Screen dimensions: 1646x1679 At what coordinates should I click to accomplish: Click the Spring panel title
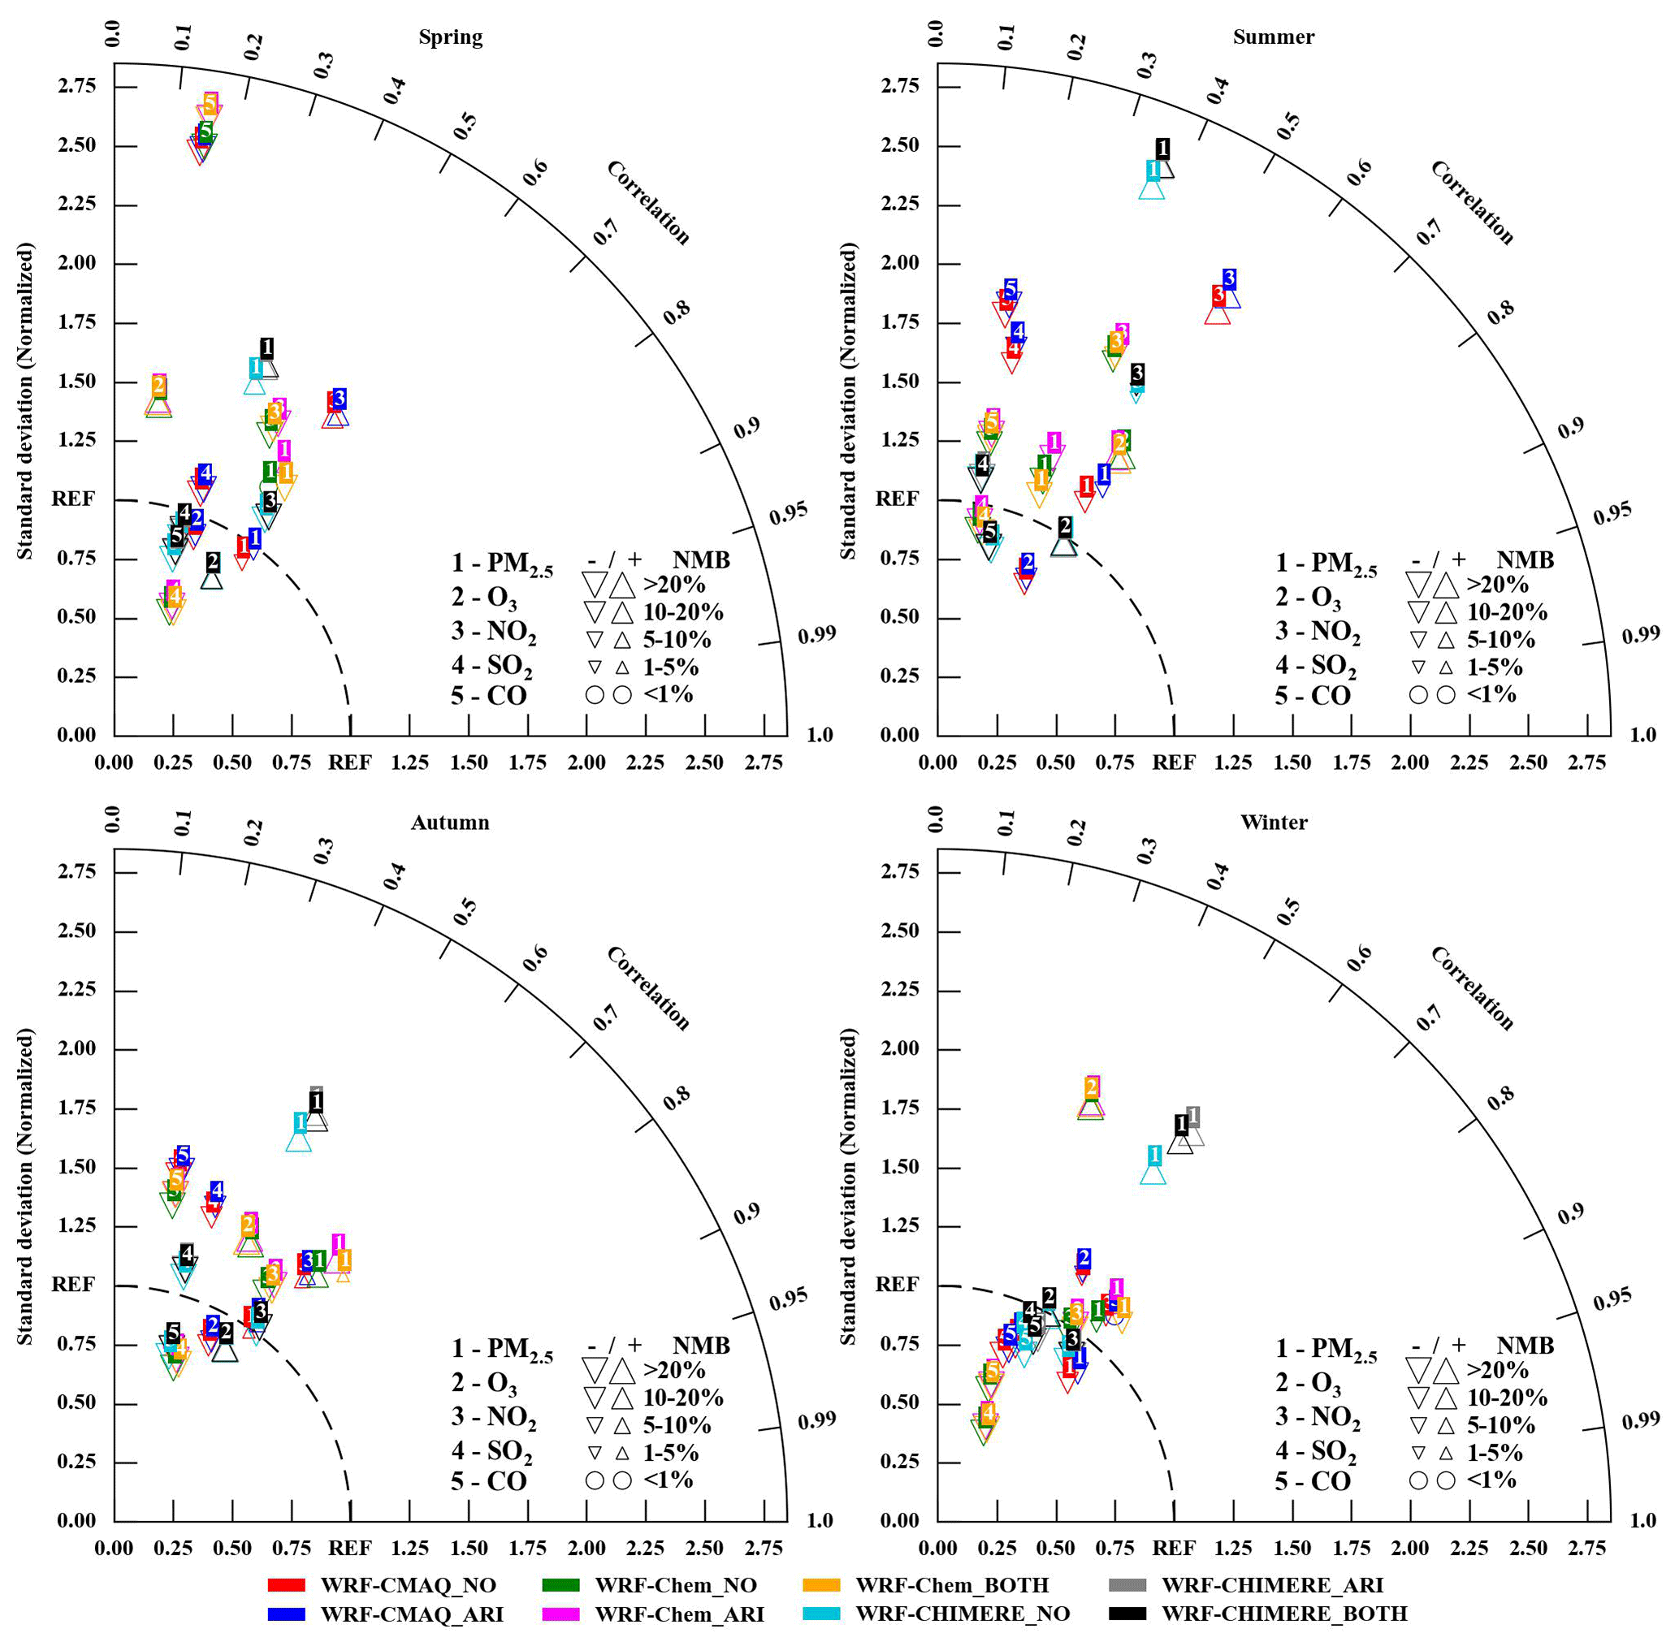click(451, 37)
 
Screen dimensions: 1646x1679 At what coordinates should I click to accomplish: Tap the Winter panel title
click(1274, 822)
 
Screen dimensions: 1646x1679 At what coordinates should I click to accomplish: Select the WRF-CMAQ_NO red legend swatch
click(286, 1584)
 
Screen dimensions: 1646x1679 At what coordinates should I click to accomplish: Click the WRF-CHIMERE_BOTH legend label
click(1284, 1614)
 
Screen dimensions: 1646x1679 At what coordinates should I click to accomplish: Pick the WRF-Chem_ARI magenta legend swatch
click(560, 1614)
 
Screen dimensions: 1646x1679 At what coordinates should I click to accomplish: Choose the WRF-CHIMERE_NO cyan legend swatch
click(821, 1614)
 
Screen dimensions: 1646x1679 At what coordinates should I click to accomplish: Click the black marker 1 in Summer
click(1163, 149)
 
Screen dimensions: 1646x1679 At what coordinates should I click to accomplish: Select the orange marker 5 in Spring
click(210, 103)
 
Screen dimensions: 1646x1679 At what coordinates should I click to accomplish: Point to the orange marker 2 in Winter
click(1091, 1087)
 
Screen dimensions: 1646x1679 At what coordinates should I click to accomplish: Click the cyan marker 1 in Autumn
click(300, 1123)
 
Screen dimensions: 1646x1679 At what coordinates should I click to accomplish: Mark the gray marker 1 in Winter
click(1193, 1116)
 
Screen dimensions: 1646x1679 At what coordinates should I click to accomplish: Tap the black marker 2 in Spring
click(214, 563)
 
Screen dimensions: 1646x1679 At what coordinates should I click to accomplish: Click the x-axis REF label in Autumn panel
click(349, 1548)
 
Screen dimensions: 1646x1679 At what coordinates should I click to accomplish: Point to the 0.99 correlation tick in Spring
click(817, 635)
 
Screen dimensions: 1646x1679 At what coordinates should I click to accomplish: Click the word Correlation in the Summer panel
click(1472, 203)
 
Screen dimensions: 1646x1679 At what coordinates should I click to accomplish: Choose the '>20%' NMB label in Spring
click(674, 585)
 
